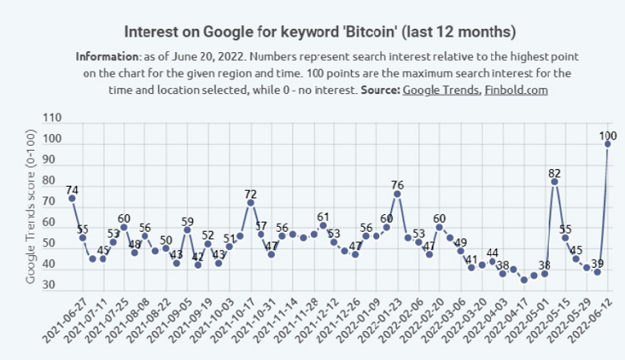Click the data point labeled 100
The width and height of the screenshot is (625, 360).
pos(607,144)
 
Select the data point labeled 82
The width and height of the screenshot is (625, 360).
pos(554,182)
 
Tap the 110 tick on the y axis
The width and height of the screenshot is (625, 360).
pos(51,118)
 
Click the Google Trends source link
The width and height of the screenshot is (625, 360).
pos(441,90)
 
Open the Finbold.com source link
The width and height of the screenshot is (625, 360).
pos(516,90)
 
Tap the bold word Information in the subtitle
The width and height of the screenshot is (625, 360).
pos(107,58)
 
